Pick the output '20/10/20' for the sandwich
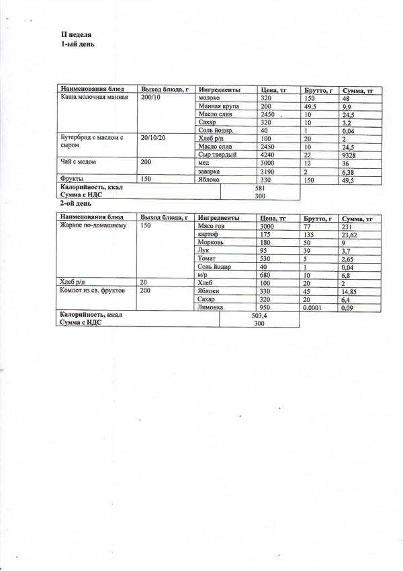point(153,139)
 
